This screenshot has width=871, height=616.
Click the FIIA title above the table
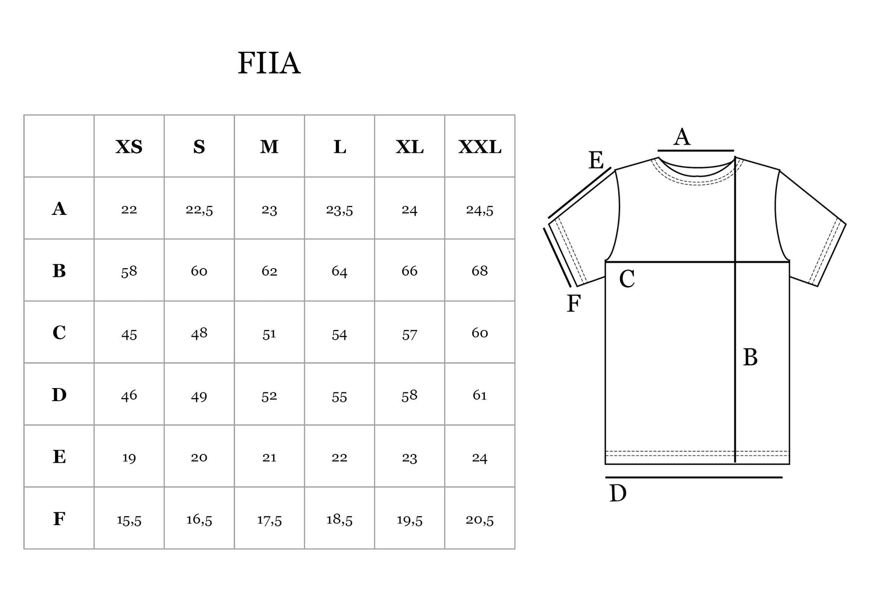(x=269, y=63)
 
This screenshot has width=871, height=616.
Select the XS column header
(x=129, y=147)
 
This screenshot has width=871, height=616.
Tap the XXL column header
(x=480, y=147)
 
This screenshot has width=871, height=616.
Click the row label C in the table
(x=59, y=333)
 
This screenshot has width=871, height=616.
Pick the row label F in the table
(x=59, y=519)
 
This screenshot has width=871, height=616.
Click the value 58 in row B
(x=129, y=271)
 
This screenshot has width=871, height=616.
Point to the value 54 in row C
(x=339, y=334)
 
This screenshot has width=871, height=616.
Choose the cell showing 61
(x=480, y=395)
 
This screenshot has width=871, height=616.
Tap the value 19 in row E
(x=129, y=458)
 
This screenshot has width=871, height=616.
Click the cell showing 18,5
(x=339, y=520)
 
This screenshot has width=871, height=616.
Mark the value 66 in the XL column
(x=409, y=270)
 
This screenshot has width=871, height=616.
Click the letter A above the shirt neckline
(x=682, y=137)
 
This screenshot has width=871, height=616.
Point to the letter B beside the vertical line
(x=750, y=358)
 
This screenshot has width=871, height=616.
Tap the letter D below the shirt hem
(x=618, y=494)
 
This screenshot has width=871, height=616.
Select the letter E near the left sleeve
(x=596, y=160)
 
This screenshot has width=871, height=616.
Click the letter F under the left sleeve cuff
(x=573, y=304)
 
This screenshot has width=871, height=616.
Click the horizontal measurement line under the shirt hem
(x=694, y=478)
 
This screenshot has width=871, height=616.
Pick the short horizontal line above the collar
(x=696, y=151)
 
